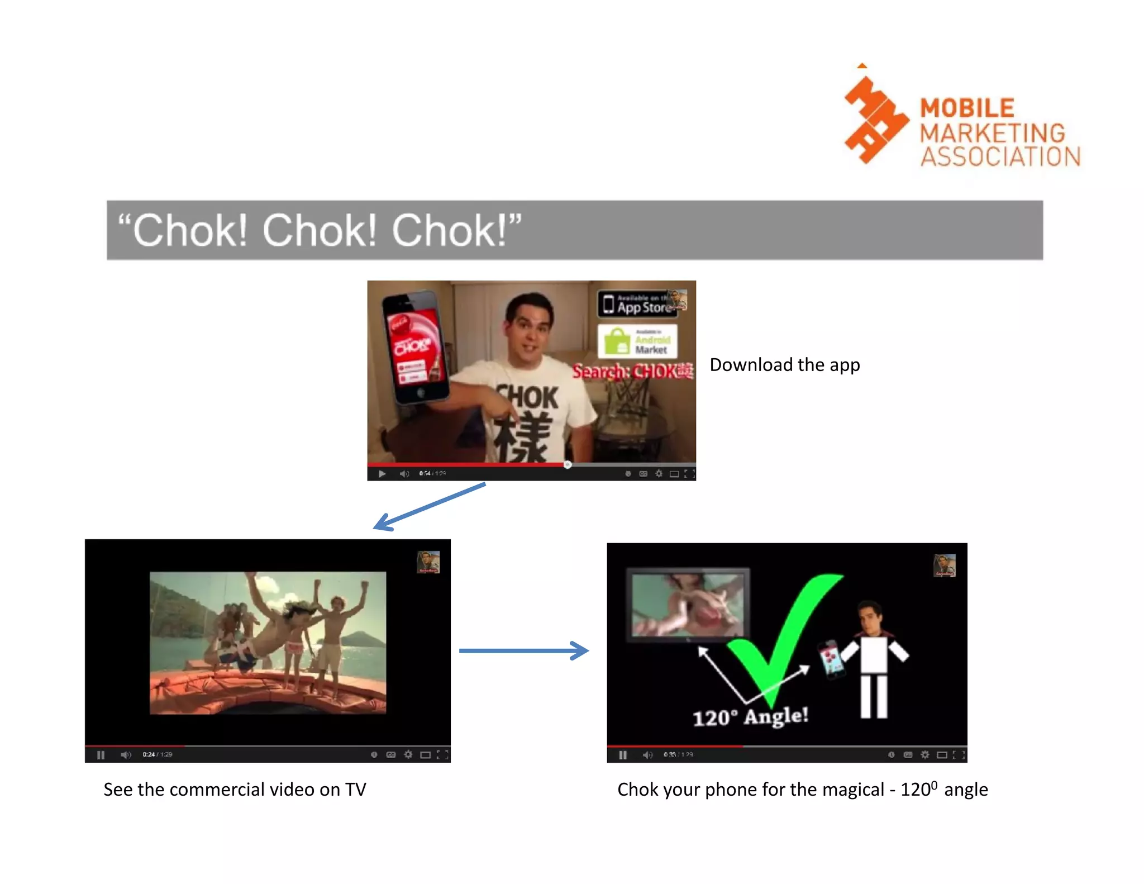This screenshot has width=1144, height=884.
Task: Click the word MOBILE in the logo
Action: coord(967,108)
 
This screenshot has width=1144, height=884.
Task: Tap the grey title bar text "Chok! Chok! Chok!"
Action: coord(320,230)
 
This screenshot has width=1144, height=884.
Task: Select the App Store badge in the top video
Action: coord(637,304)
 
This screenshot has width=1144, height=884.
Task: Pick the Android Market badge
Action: coord(637,341)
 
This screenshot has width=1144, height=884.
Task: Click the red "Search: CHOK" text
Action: coord(632,371)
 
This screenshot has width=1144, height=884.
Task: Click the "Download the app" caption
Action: coord(784,365)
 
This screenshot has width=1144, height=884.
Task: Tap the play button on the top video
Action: coord(382,474)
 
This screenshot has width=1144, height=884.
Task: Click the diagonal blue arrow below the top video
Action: coord(429,507)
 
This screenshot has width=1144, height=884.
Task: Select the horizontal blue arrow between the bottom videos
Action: coord(523,650)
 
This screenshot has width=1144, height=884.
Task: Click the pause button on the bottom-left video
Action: coord(101,755)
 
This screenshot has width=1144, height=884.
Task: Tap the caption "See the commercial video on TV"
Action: coord(235,790)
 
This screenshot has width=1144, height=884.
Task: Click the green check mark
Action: coord(782,637)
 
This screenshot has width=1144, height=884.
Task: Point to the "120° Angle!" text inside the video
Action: coord(750,716)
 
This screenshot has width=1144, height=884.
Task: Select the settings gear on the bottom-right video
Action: coord(925,755)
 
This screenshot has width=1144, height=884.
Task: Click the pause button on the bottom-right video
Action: coord(623,755)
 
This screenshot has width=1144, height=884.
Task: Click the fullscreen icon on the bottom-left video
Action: coord(442,755)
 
